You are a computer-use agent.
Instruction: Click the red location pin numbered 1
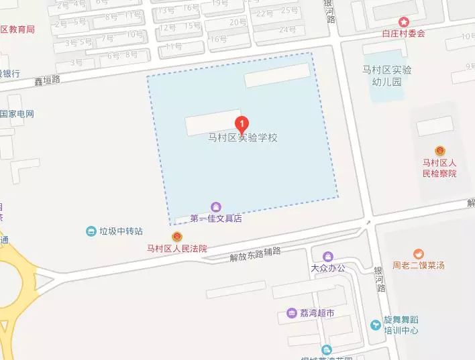[242, 123]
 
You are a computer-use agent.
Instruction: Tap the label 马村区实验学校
[242, 138]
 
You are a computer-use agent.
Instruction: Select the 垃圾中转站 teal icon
[91, 231]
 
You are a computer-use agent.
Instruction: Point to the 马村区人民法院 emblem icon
[177, 237]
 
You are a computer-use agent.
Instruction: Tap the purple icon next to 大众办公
[327, 256]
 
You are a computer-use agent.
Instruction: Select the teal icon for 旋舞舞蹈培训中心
[375, 325]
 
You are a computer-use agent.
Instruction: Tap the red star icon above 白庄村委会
[403, 21]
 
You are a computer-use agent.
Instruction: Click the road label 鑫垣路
[47, 79]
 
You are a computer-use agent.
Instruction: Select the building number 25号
[289, 10]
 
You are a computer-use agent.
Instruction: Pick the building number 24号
[287, 29]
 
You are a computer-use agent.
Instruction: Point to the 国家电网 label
[16, 114]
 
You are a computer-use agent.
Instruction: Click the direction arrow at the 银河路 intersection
[367, 223]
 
